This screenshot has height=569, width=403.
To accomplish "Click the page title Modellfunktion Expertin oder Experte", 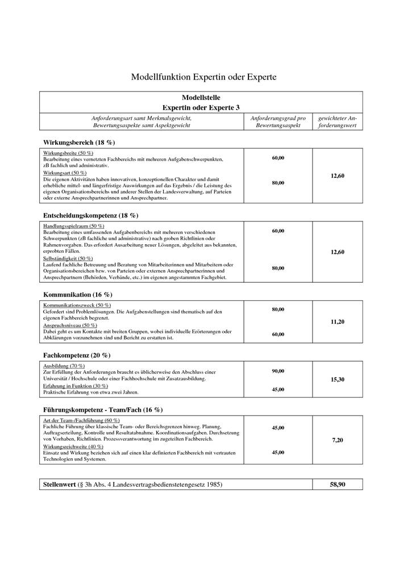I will point(203,76).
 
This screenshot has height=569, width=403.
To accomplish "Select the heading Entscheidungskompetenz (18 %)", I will point(90,215).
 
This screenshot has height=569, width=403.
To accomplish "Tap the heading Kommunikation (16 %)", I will point(77,295).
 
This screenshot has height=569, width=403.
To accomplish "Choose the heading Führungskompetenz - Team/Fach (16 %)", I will point(103,409).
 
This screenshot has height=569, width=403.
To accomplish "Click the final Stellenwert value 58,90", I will point(338,484).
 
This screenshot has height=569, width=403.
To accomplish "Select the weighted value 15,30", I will point(338,379).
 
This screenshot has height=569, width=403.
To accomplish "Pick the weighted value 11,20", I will point(338,321).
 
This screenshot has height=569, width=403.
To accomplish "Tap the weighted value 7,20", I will point(338,440).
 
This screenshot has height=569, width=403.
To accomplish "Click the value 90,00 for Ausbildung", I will point(278,371).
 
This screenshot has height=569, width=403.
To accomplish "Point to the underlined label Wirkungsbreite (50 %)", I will point(68,153).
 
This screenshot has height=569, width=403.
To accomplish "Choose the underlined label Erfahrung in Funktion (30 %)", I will point(76,386).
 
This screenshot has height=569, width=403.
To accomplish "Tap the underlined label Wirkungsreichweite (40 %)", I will point(73,446).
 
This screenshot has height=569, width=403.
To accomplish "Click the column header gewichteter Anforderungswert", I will point(338,122).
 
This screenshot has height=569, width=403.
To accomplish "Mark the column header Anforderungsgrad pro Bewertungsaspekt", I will point(278,122).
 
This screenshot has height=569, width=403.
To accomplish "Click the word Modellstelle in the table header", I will point(201,98).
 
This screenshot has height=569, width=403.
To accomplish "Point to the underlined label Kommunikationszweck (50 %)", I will point(77,306).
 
